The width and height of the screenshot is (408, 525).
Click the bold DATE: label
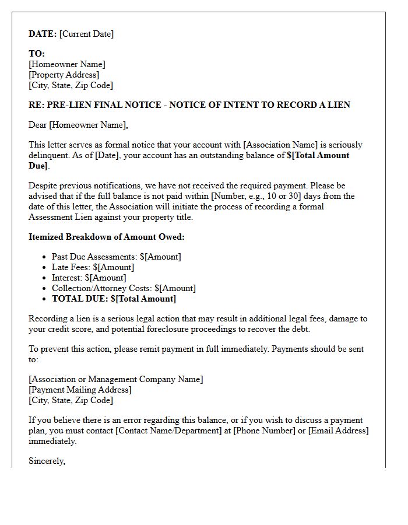click(x=43, y=34)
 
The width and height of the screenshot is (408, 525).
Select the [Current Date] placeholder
click(x=86, y=34)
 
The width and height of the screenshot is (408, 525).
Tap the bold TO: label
click(x=37, y=54)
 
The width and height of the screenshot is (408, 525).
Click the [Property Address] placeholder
click(x=64, y=75)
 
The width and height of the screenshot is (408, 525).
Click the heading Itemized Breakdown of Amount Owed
click(x=107, y=237)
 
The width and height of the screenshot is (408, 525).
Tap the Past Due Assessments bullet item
click(x=116, y=257)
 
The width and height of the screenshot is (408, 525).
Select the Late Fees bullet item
click(x=93, y=267)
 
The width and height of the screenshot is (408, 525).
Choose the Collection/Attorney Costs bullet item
click(x=124, y=288)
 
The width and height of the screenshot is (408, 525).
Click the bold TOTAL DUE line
click(x=114, y=299)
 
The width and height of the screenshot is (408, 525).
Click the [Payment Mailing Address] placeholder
click(x=80, y=390)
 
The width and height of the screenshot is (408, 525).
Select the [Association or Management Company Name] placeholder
click(x=116, y=379)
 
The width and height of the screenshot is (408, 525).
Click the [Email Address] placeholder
click(x=338, y=430)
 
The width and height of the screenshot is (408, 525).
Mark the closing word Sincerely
click(x=47, y=461)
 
